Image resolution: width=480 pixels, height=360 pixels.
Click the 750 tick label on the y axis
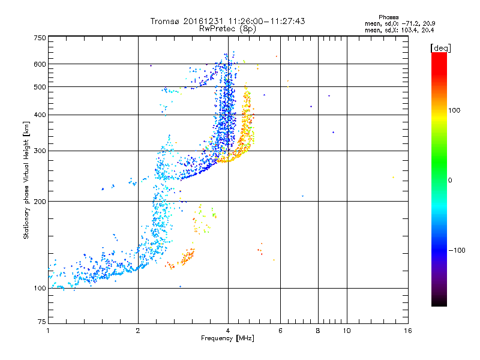40,37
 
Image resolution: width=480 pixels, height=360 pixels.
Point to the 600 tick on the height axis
40,64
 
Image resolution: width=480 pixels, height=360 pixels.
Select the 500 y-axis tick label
40,87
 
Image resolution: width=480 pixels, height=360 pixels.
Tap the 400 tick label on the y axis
40,115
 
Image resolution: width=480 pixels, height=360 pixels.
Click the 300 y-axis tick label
40,151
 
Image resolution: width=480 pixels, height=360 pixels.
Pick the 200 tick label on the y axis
40,201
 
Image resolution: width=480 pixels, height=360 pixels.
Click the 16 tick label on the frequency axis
408,331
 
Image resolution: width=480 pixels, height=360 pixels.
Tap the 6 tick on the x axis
280,331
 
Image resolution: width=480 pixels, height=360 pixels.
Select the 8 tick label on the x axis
318,331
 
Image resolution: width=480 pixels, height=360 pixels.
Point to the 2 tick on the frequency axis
138,331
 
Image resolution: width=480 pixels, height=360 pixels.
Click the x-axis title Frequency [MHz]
228,339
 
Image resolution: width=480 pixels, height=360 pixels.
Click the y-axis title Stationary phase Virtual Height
26,180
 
